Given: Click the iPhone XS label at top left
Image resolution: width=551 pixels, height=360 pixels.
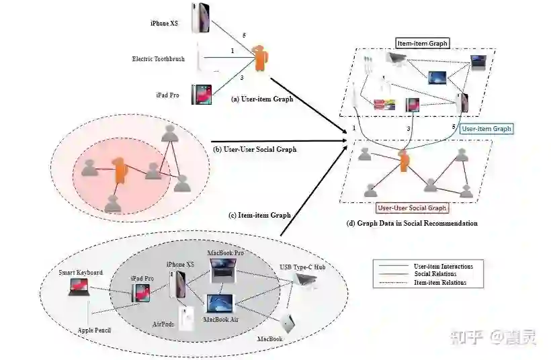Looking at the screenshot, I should point(165,24).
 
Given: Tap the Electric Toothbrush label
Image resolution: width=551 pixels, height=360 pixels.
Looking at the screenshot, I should point(159,59).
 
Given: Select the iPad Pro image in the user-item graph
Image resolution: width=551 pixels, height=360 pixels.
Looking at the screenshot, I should point(201,95).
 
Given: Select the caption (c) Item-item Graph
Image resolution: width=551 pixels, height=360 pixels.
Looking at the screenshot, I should point(260,215).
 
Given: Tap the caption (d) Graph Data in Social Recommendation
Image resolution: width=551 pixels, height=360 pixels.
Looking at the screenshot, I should point(412,223).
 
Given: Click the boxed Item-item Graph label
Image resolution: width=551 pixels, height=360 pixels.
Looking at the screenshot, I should point(422,44).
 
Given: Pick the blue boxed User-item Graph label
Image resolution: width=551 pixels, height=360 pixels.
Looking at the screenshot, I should point(486,128).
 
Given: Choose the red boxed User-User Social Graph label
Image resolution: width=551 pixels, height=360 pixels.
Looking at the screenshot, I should point(412,208).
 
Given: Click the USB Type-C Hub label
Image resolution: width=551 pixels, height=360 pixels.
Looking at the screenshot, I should point(302,267).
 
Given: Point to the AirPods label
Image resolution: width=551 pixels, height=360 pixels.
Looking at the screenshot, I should point(164,324).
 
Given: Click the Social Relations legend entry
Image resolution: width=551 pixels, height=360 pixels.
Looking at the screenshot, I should point(435,274).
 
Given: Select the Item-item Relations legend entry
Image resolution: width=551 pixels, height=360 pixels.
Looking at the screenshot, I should point(440,283).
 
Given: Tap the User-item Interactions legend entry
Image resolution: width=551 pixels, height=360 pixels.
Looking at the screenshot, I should point(443,267).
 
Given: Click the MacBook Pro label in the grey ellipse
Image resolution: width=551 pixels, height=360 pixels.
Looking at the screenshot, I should point(227,253).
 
